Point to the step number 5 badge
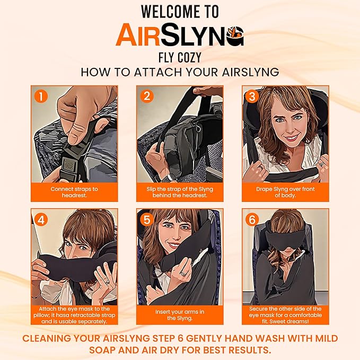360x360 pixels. pyautogui.click(x=147, y=218)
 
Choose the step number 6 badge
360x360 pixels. pyautogui.click(x=252, y=218)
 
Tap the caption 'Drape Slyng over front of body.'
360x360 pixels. pyautogui.click(x=285, y=191)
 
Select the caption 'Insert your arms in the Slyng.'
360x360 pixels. pyautogui.click(x=180, y=315)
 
